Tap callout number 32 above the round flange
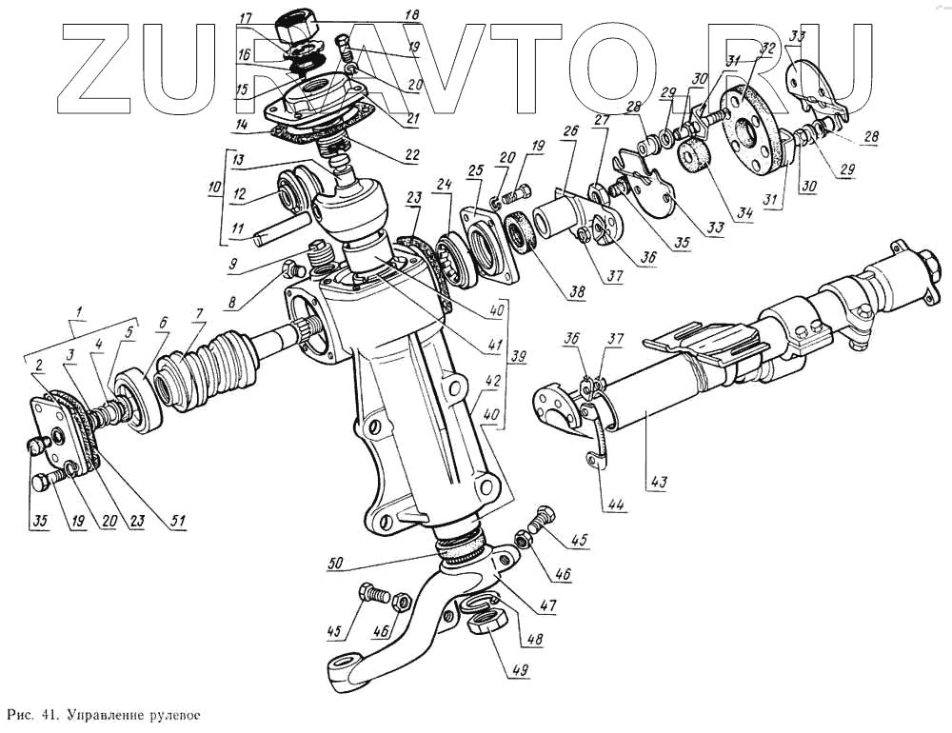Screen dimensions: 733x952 pyautogui.click(x=767, y=50)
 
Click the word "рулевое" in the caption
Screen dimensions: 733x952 pyautogui.click(x=171, y=714)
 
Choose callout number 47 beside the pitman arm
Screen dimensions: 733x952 pyautogui.click(x=546, y=604)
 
